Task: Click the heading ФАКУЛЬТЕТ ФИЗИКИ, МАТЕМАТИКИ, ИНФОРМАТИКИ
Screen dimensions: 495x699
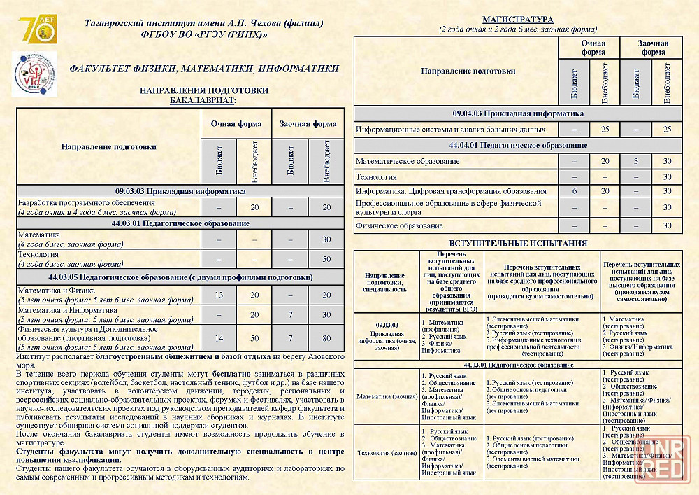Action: point(204,69)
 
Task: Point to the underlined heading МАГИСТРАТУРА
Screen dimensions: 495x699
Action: point(518,19)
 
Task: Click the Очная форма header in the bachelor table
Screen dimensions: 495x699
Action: point(236,124)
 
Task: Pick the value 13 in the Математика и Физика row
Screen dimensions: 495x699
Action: point(219,295)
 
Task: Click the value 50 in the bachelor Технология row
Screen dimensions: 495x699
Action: point(326,259)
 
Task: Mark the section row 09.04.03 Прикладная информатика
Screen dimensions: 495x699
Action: point(517,113)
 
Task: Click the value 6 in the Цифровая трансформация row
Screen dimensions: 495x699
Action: point(575,191)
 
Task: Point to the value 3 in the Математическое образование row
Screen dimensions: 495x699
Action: point(635,161)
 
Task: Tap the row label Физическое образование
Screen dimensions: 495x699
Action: point(399,225)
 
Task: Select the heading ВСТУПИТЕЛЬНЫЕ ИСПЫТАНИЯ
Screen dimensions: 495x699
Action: point(517,243)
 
